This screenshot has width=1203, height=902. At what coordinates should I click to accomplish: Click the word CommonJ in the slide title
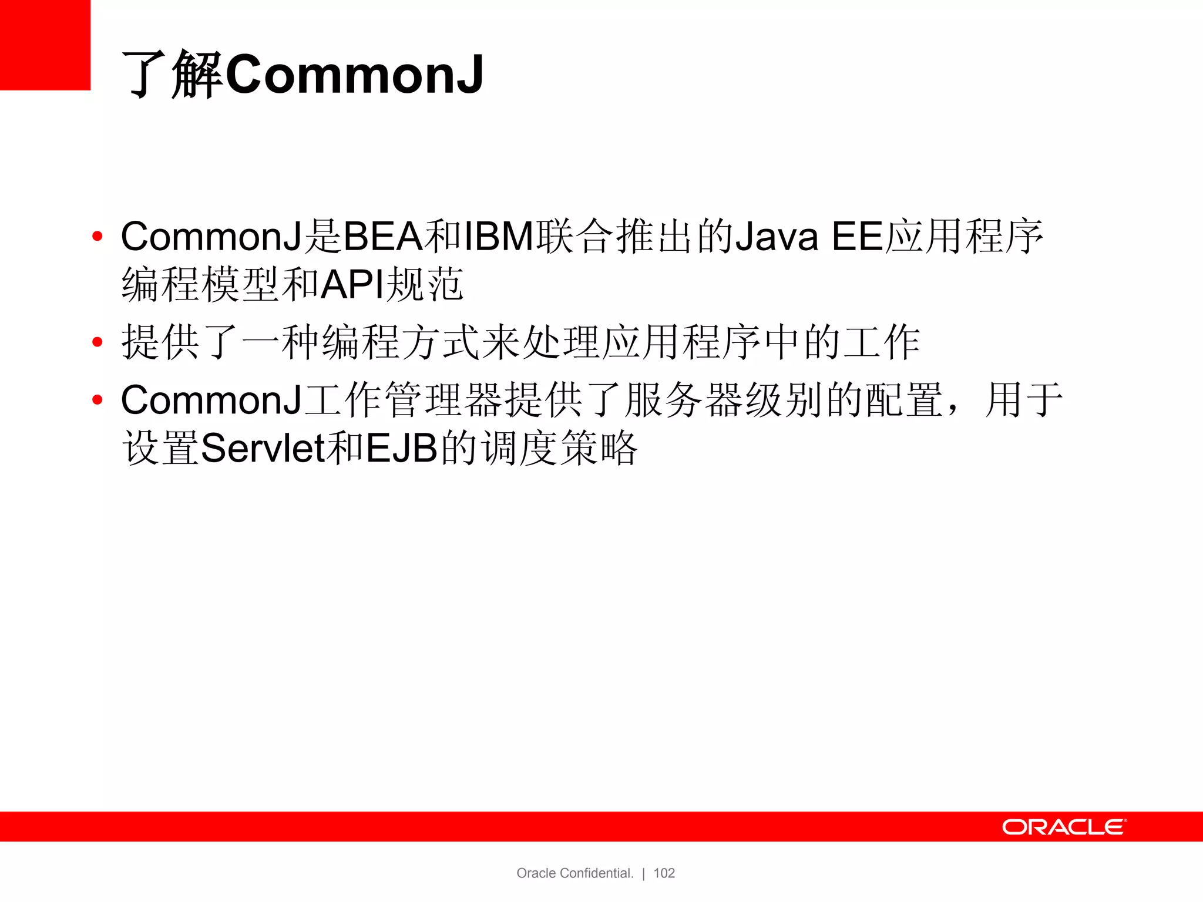click(x=354, y=75)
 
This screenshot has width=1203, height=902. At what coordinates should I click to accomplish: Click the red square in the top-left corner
click(x=45, y=45)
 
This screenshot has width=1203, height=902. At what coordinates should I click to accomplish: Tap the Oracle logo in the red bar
click(x=1064, y=827)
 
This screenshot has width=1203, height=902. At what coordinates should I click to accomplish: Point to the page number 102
click(x=664, y=873)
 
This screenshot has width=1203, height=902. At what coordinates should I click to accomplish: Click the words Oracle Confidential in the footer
click(x=574, y=873)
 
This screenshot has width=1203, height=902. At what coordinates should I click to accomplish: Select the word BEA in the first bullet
click(x=382, y=237)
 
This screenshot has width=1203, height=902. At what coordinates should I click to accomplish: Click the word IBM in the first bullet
click(x=499, y=237)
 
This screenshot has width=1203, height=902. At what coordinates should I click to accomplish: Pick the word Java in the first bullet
click(x=776, y=237)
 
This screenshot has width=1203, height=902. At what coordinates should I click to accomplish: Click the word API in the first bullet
click(x=352, y=285)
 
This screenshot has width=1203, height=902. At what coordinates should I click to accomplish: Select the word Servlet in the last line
click(x=263, y=448)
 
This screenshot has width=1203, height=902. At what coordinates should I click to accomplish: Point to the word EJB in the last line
click(x=402, y=448)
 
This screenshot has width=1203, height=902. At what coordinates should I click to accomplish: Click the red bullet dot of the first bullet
click(x=98, y=237)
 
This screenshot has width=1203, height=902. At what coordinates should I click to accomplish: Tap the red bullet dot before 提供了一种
click(x=98, y=342)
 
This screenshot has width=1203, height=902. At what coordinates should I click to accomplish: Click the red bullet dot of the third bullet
click(x=98, y=400)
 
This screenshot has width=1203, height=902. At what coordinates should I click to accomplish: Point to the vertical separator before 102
click(x=644, y=874)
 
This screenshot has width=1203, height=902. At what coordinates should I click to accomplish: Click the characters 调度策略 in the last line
click(x=559, y=448)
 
